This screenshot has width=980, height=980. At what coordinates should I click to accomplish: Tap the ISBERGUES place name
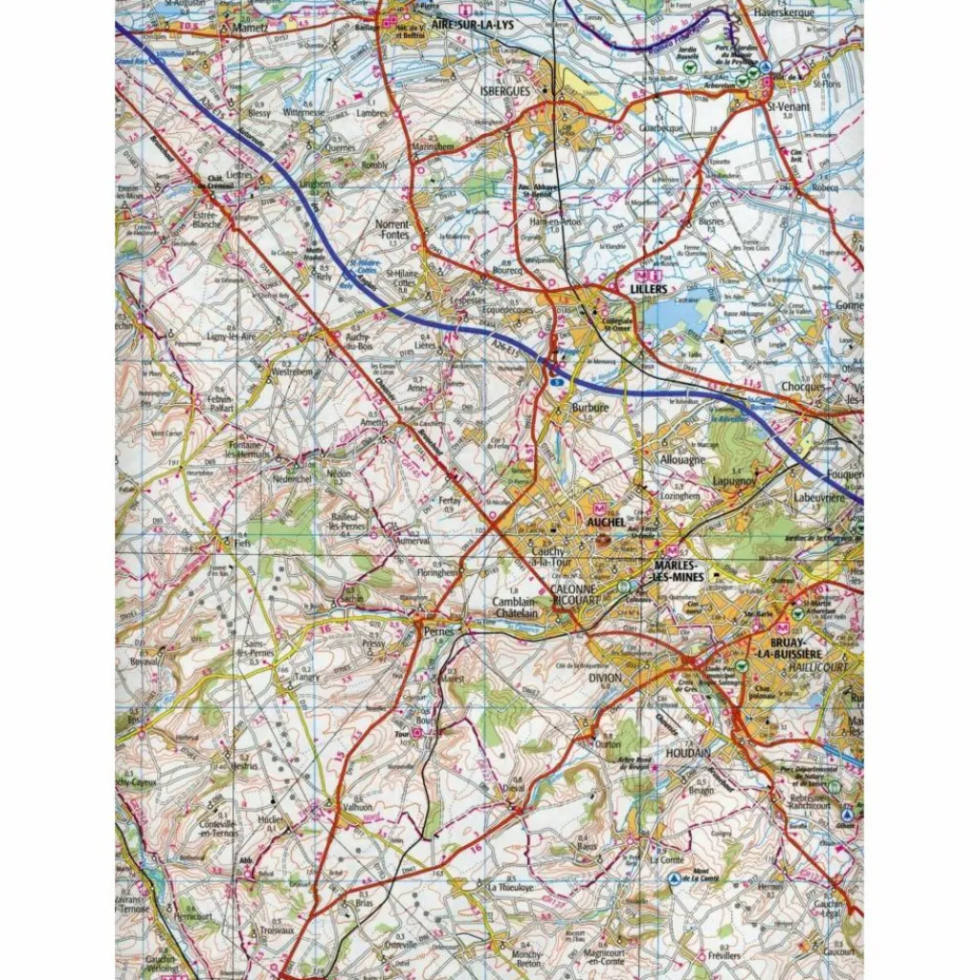pos(503,90)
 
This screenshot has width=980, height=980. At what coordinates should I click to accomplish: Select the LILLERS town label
pos(649,287)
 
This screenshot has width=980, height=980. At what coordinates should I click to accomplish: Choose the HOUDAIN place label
pos(688,753)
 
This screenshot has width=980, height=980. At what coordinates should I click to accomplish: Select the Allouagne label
pos(683,459)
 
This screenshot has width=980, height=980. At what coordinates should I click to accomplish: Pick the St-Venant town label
pos(791,106)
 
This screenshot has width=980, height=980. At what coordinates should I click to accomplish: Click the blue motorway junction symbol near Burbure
pos(556,381)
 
